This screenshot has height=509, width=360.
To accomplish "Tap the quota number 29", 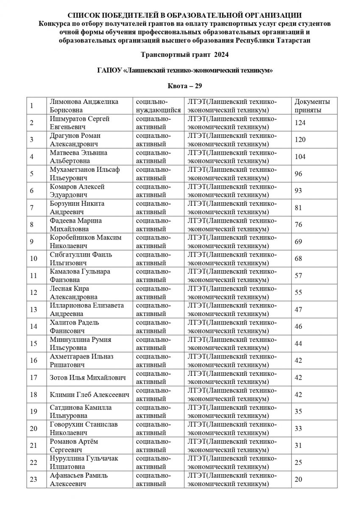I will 198,86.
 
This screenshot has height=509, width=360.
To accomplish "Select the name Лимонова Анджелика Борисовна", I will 84,106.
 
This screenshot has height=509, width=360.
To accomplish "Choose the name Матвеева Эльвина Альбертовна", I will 78,157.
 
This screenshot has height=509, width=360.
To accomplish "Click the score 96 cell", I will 298,173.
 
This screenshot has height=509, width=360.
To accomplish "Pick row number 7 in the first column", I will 32,208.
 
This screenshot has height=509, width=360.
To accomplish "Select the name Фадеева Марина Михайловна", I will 75,225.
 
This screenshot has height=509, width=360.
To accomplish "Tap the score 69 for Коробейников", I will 298,242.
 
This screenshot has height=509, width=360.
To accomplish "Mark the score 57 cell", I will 298,276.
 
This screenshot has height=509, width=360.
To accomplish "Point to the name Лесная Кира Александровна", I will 73,293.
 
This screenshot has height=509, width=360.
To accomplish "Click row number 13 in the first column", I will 33,310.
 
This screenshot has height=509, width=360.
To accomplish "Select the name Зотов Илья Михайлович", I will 88,378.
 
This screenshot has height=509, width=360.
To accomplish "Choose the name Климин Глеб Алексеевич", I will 89,394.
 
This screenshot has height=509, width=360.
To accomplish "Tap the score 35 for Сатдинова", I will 298,411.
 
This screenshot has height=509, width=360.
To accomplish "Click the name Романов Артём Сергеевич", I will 73,445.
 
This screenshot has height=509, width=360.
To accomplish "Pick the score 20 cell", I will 298,479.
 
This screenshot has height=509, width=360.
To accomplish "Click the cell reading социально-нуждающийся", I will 158,106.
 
